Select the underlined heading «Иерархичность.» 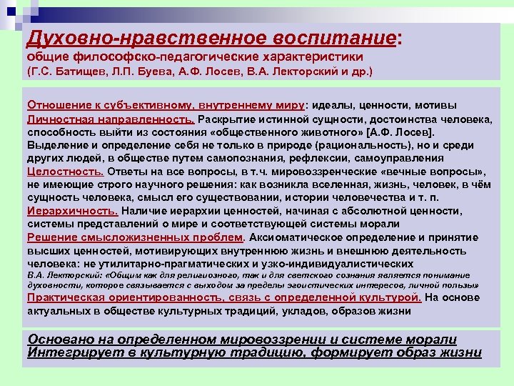(x=73, y=211)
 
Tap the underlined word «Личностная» (x=59, y=119)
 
